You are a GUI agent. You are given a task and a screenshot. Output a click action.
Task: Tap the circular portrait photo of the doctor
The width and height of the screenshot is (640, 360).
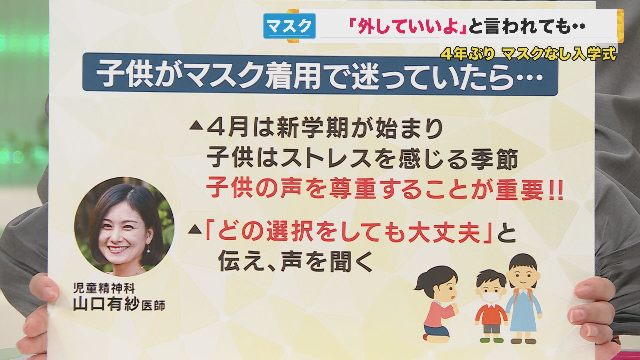pyautogui.click(x=124, y=227)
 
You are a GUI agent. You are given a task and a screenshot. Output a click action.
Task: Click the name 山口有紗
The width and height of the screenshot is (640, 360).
pyautogui.click(x=106, y=304)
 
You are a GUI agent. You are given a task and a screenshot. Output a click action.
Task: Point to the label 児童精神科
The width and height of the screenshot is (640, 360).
pyautogui.click(x=104, y=288)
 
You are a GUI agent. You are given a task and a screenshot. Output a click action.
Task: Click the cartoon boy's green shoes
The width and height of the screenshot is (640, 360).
pyautogui.click(x=490, y=340)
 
